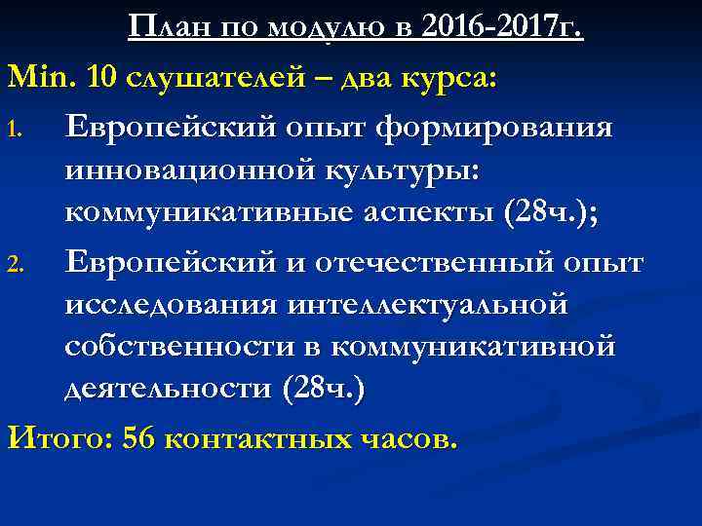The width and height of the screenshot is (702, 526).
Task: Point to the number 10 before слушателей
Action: coord(102,75)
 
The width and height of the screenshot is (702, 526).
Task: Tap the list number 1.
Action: coord(17,131)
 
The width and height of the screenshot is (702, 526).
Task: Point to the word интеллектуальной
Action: coord(427,304)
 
